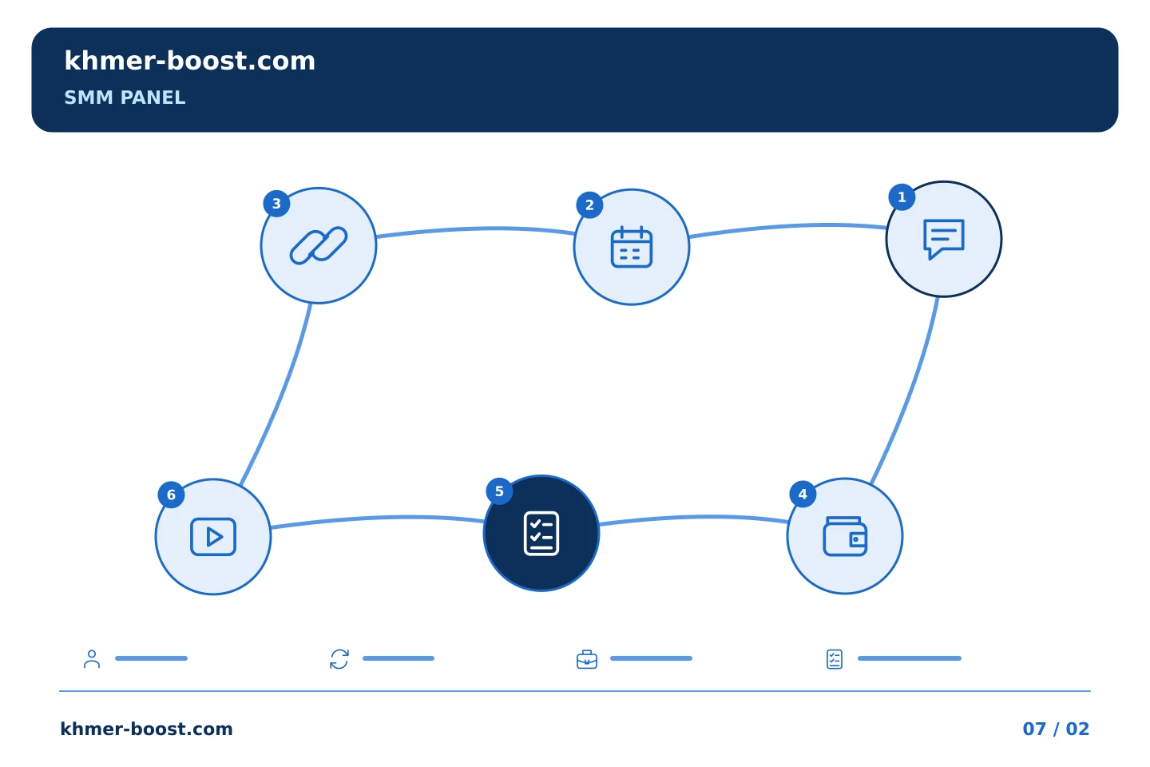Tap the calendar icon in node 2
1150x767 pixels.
(632, 247)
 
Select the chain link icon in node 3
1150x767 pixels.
(319, 245)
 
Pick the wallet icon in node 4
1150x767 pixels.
(845, 536)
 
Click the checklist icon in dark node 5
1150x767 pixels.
(541, 533)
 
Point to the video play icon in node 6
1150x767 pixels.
(213, 537)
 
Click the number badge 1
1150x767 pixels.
(902, 197)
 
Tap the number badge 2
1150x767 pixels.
(589, 205)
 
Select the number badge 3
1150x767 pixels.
(276, 204)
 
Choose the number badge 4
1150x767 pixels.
(803, 495)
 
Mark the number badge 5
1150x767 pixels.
(499, 491)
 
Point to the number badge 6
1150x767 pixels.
(171, 495)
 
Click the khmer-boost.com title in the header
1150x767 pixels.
(189, 61)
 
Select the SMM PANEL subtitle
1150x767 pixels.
(125, 97)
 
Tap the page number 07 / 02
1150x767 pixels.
(1056, 729)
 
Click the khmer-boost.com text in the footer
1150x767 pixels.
(146, 729)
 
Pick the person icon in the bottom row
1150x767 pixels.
(92, 658)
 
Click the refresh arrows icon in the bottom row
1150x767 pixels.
(339, 659)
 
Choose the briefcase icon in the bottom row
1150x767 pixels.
(587, 659)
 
